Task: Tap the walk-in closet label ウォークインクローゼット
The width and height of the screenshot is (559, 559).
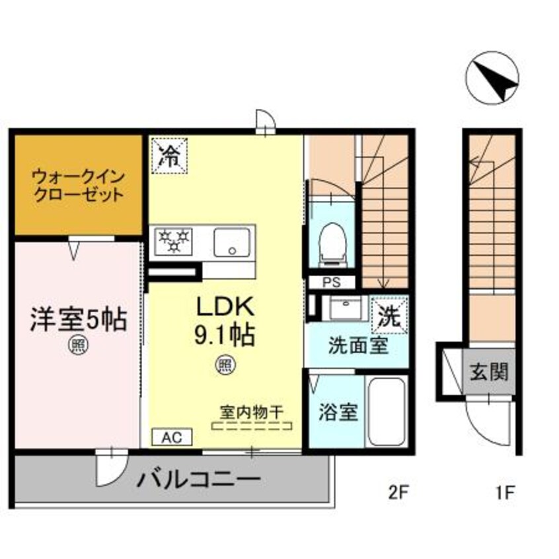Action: pos(78,186)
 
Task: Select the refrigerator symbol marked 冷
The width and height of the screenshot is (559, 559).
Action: pos(169,155)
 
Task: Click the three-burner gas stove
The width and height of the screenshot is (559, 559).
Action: pos(173,241)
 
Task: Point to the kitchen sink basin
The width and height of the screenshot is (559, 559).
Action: pos(232,241)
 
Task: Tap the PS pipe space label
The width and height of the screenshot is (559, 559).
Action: pos(332,282)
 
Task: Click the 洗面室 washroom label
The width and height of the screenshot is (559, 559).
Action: pos(357,347)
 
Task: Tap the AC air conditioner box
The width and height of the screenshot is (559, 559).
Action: pos(172,437)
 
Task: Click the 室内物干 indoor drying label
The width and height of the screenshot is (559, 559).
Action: pos(252,412)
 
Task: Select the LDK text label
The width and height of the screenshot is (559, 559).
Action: pos(223,308)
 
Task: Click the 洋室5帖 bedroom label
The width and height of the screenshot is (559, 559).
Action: pos(78,320)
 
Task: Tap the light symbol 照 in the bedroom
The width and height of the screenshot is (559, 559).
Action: pos(77,344)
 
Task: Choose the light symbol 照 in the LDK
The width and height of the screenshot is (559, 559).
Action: pos(225,363)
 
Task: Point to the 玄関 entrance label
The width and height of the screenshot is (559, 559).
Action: pos(490,372)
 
